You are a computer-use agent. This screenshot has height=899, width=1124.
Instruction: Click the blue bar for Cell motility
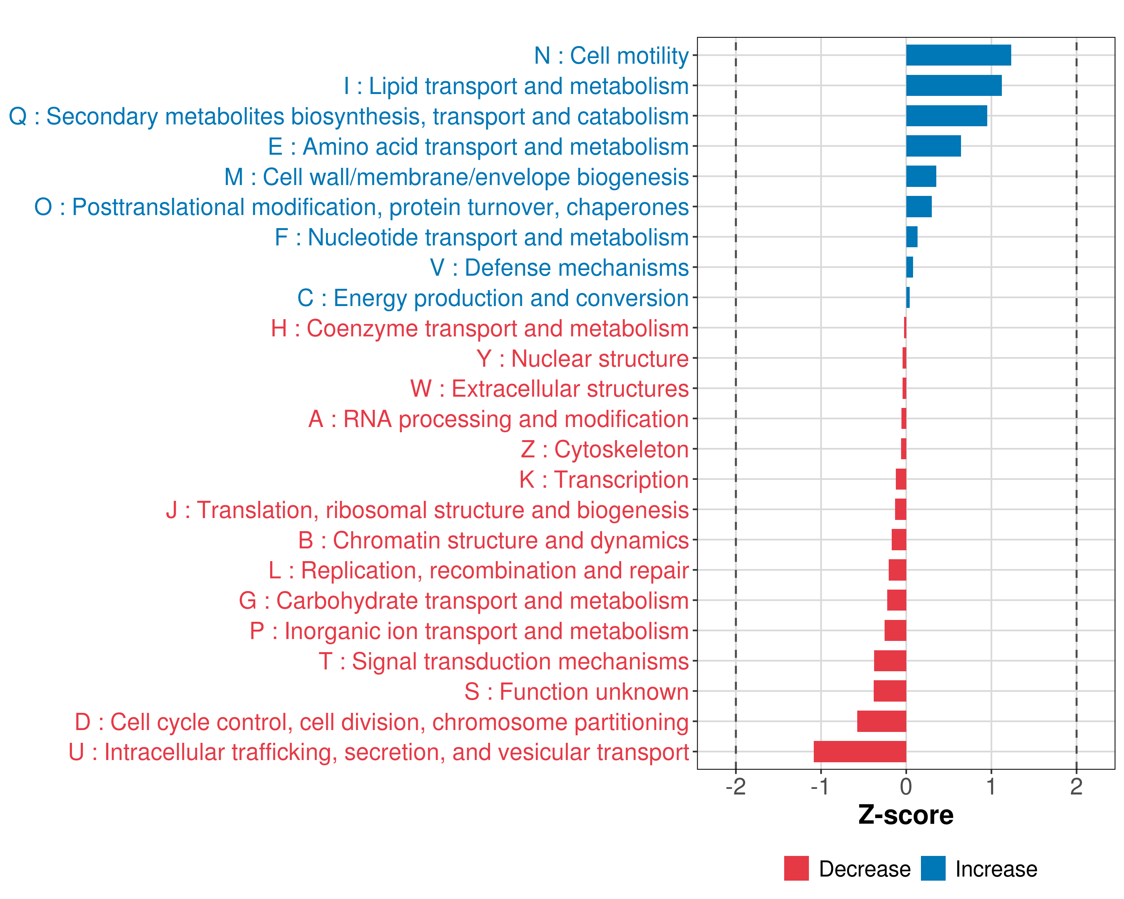958,55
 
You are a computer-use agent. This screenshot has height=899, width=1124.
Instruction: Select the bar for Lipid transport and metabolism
954,85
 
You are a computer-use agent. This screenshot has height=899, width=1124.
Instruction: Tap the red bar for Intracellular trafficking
860,751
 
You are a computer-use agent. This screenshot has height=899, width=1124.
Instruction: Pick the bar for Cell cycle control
882,721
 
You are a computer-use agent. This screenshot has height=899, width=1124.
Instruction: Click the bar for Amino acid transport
933,146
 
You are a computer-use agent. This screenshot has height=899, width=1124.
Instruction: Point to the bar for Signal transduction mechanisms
890,661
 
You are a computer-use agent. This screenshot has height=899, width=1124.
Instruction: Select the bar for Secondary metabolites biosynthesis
946,116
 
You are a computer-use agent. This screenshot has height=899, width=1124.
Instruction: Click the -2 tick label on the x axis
735,787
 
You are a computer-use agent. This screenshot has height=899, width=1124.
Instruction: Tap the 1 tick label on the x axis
991,787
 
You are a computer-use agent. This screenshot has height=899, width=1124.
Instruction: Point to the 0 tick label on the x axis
906,787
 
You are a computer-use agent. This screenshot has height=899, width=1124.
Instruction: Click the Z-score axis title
906,815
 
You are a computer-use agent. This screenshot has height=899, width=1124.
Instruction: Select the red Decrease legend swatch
796,868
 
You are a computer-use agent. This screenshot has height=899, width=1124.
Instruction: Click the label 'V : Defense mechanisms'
559,268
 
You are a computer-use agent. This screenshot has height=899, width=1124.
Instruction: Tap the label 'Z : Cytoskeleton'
605,449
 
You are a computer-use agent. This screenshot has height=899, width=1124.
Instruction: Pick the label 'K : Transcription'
604,479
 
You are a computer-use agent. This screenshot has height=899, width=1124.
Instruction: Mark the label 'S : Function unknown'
577,691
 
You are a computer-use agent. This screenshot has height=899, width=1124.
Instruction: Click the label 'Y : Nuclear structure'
582,358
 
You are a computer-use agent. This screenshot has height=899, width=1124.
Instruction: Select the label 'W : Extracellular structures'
550,389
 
